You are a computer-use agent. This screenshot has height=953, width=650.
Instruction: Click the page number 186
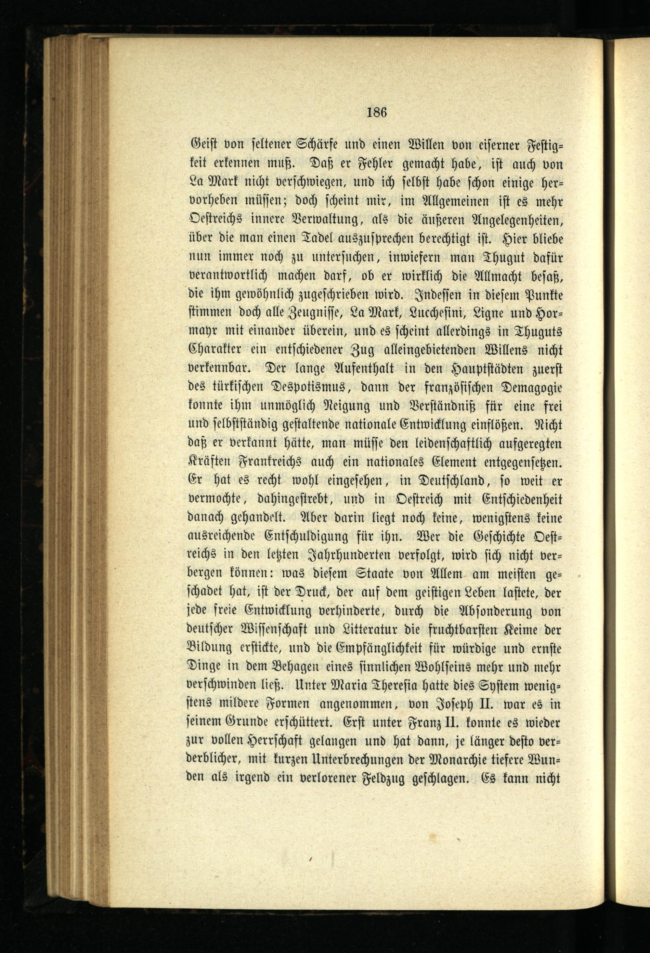377,112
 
